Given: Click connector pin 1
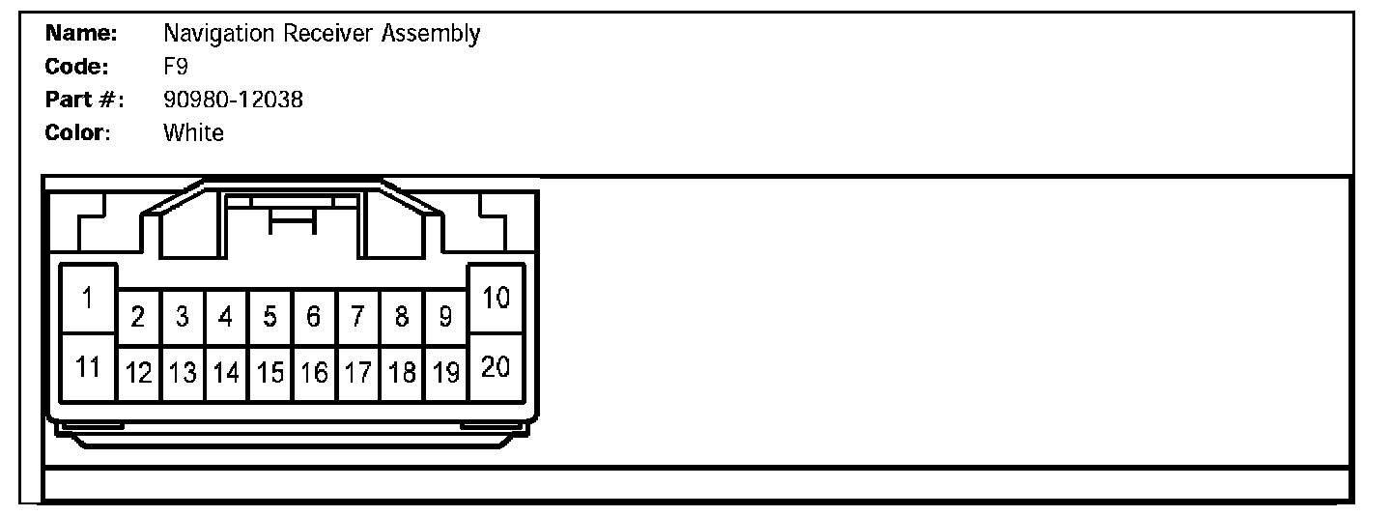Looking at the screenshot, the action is [x=87, y=299].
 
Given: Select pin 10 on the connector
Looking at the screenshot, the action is [x=496, y=299].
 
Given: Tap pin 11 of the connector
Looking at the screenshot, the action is [x=87, y=368].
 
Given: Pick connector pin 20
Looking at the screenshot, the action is [x=496, y=368].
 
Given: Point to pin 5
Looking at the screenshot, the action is [x=270, y=317].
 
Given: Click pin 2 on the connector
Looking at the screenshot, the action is [x=138, y=317].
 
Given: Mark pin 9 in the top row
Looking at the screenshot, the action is [x=445, y=317].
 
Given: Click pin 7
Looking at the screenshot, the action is [x=357, y=317].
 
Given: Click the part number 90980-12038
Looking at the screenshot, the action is [x=233, y=100].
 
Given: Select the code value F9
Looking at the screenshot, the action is [x=176, y=67].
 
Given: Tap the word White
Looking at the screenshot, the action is [x=193, y=132].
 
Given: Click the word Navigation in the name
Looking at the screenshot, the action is [x=219, y=35].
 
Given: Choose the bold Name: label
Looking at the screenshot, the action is [x=82, y=34].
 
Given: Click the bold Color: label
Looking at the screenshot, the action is [x=78, y=132].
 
